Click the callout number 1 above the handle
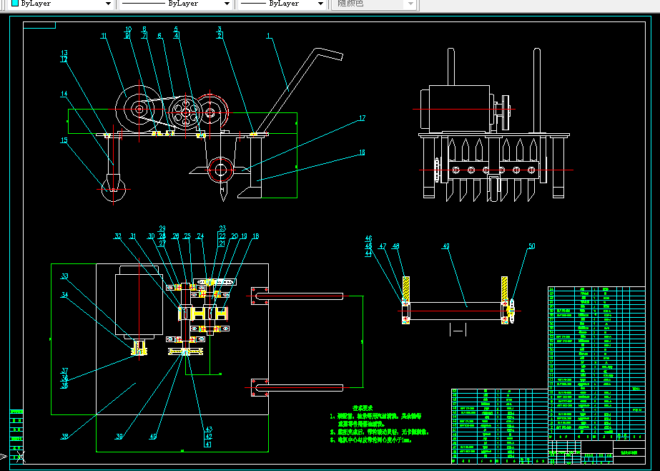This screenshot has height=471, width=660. click(x=268, y=35)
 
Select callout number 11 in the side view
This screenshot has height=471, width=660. click(x=104, y=36)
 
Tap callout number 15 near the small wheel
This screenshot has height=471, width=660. click(x=64, y=140)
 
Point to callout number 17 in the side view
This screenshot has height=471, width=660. click(x=362, y=118)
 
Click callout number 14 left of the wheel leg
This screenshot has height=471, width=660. click(x=64, y=94)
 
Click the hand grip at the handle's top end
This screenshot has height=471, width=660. click(x=325, y=54)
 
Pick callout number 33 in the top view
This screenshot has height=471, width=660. click(x=64, y=276)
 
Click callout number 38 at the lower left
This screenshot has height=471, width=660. click(x=64, y=437)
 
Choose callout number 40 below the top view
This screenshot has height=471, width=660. click(x=152, y=437)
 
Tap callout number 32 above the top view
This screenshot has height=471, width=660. click(x=118, y=235)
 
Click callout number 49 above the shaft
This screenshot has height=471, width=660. click(x=446, y=246)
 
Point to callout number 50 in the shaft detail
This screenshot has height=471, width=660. click(x=531, y=246)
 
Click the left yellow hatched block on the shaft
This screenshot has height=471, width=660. click(x=405, y=289)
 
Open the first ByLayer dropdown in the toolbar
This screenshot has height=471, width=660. click(x=61, y=4)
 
